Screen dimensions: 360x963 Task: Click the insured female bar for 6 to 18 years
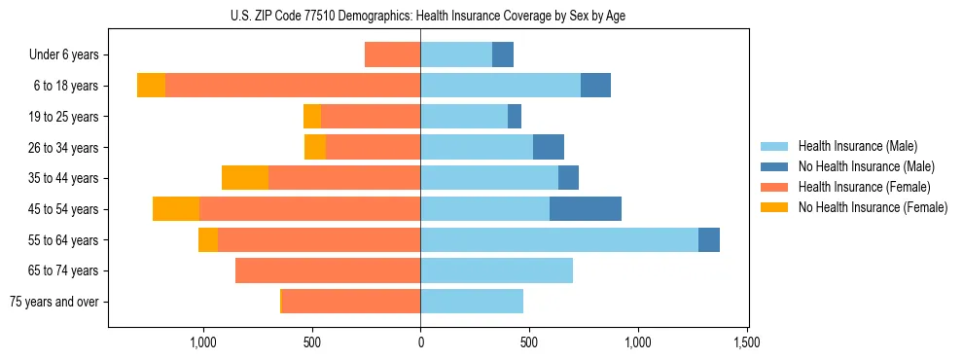293,86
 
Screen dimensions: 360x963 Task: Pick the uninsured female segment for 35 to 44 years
245,178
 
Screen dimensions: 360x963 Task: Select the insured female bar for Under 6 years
392,54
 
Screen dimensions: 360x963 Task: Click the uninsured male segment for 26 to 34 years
549,147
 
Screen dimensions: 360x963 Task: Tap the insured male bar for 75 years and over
472,302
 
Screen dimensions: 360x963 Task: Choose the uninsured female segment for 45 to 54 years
176,209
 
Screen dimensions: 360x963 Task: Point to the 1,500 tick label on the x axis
746,342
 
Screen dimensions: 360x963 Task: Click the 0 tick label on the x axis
420,342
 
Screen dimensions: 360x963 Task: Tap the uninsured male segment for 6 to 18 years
595,86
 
